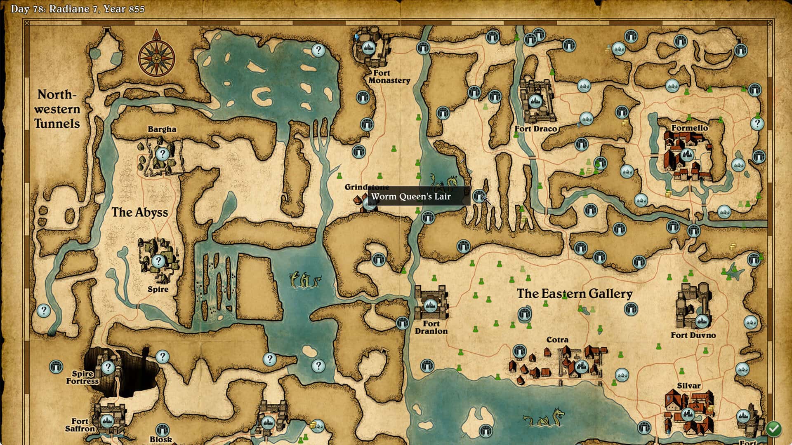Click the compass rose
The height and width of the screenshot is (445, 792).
pyautogui.click(x=156, y=56)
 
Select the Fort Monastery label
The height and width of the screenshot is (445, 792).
pyautogui.click(x=389, y=77)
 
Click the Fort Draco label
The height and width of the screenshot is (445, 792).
pyautogui.click(x=535, y=129)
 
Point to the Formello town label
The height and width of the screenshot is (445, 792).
pyautogui.click(x=689, y=128)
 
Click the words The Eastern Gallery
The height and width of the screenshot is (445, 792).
pyautogui.click(x=574, y=294)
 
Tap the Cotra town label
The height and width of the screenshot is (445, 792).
pyautogui.click(x=557, y=340)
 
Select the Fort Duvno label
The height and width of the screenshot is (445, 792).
pyautogui.click(x=693, y=335)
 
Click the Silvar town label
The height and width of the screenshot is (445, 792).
pyautogui.click(x=688, y=386)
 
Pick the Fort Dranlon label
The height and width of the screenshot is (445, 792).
pyautogui.click(x=431, y=328)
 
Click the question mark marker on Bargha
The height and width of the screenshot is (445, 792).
pyautogui.click(x=162, y=154)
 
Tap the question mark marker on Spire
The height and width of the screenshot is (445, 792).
pyautogui.click(x=158, y=261)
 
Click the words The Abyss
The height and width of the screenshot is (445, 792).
pyautogui.click(x=140, y=213)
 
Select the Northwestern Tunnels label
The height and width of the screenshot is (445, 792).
pyautogui.click(x=57, y=109)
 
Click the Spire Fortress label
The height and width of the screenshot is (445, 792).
pyautogui.click(x=82, y=377)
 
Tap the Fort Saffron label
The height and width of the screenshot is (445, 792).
pyautogui.click(x=80, y=425)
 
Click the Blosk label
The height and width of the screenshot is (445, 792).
pyautogui.click(x=161, y=439)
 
